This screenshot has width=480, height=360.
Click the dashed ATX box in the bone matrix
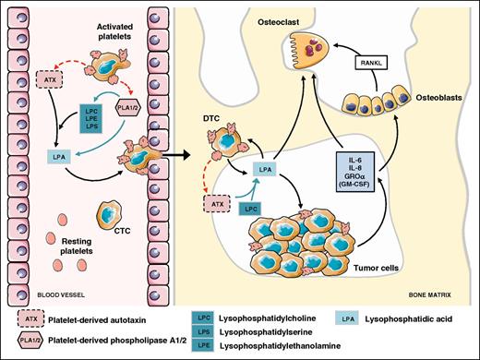(220, 198)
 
